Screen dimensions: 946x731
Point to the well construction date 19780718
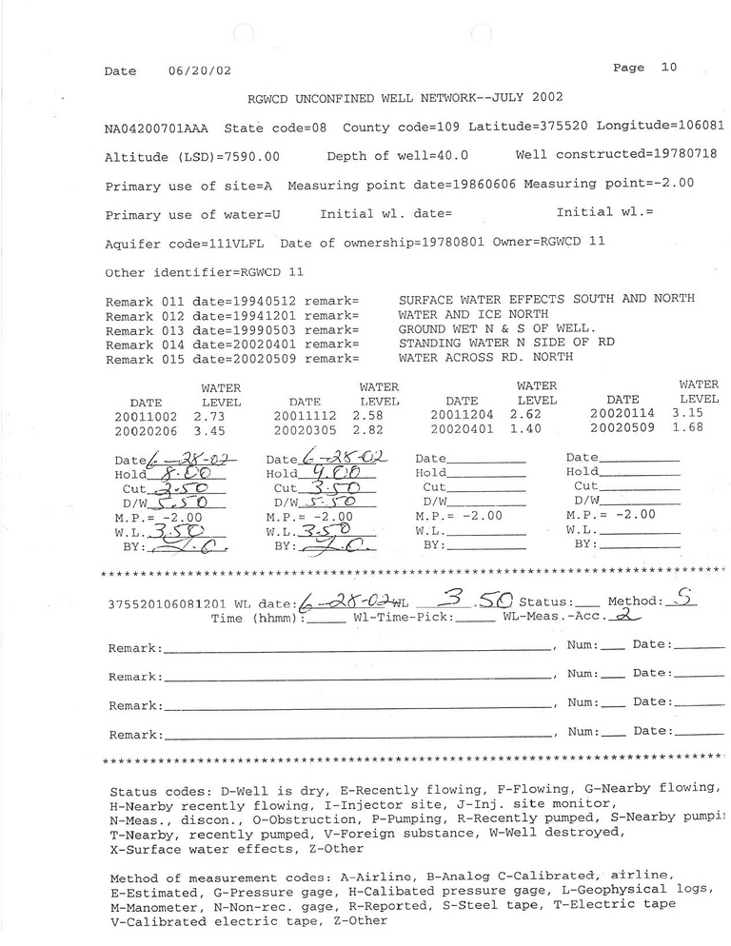tap(682, 154)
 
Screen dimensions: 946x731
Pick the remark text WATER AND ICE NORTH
tap(473, 313)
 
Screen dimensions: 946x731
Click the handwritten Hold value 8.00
tap(186, 472)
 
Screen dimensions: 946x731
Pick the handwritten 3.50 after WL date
tap(480, 601)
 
